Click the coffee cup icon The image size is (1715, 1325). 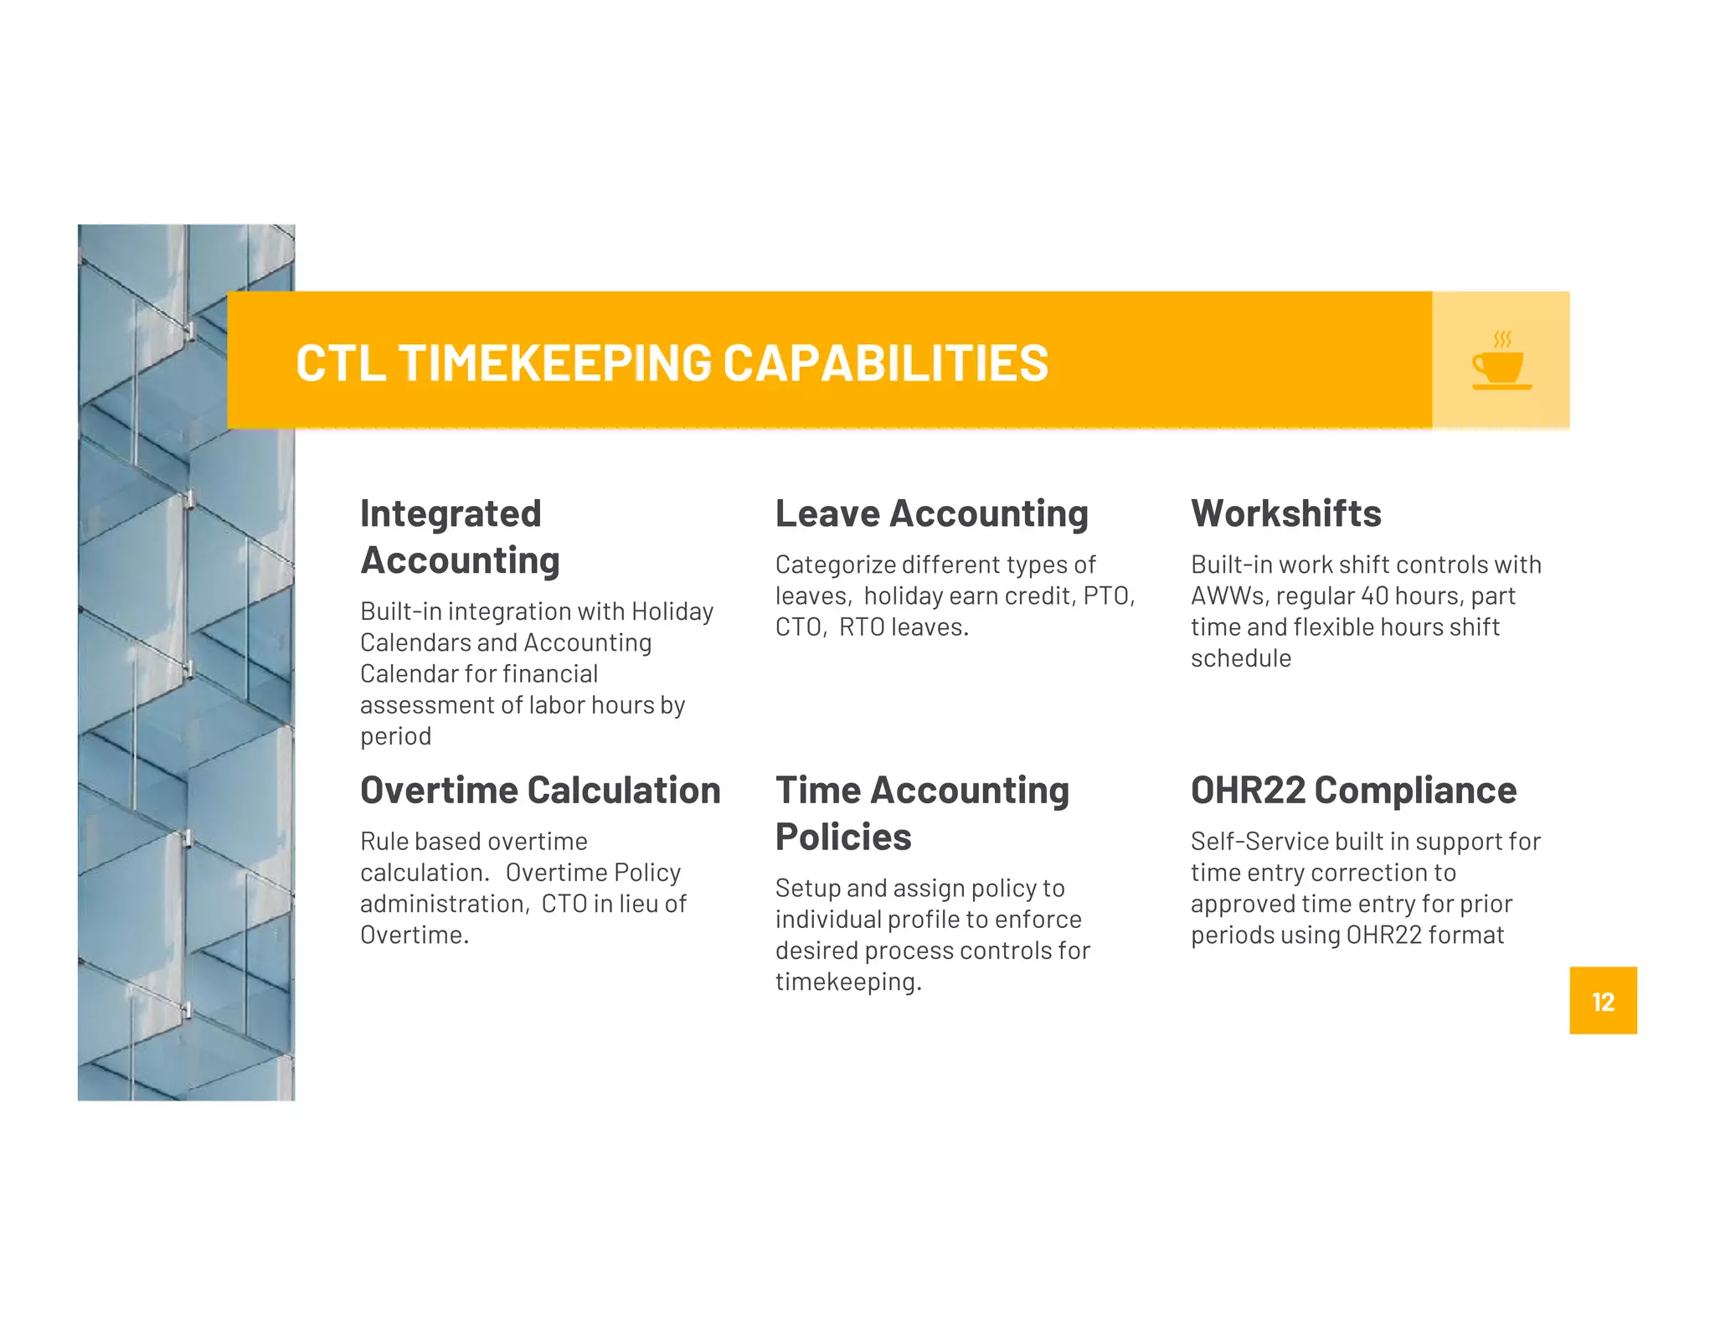pyautogui.click(x=1501, y=362)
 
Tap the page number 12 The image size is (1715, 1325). pyautogui.click(x=1603, y=1002)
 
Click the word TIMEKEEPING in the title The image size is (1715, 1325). pyautogui.click(x=555, y=363)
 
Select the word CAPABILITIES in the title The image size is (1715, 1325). pyautogui.click(x=885, y=363)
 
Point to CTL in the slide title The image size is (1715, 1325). pyautogui.click(x=340, y=363)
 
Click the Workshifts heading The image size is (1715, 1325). pyautogui.click(x=1285, y=513)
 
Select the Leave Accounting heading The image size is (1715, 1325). pyautogui.click(x=931, y=513)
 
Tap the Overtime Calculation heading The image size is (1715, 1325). pyautogui.click(x=540, y=790)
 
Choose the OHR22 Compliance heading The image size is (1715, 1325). pyautogui.click(x=1353, y=790)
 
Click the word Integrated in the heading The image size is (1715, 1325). pyautogui.click(x=451, y=513)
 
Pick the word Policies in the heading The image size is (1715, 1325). pyautogui.click(x=843, y=837)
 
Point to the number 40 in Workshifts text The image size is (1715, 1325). pyautogui.click(x=1374, y=595)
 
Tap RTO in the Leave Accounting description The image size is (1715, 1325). pyautogui.click(x=862, y=626)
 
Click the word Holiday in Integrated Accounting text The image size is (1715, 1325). pyautogui.click(x=672, y=611)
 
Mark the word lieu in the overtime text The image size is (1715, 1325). pyautogui.click(x=638, y=904)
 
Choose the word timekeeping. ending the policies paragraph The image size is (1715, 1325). pyautogui.click(x=847, y=982)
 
